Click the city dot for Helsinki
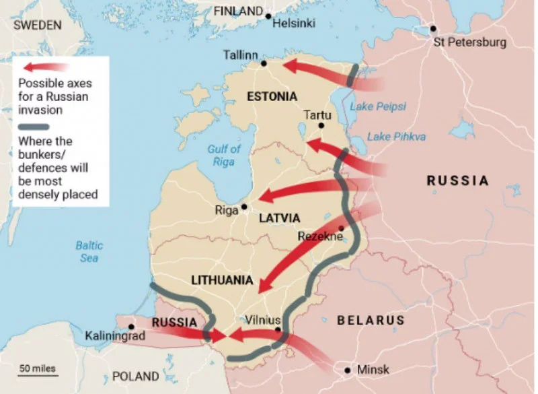pos(268,16)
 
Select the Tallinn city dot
pos(264,63)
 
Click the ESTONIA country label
pos(272,96)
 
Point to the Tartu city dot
pos(321,125)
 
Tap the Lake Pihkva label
pos(396,137)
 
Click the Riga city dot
pos(244,207)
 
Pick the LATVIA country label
pos(279,218)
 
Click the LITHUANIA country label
pos(222,280)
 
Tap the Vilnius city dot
pos(278,329)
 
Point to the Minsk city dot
pos(347,370)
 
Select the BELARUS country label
pos(371,321)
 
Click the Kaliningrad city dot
pos(131,326)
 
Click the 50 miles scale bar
pos(38,374)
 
